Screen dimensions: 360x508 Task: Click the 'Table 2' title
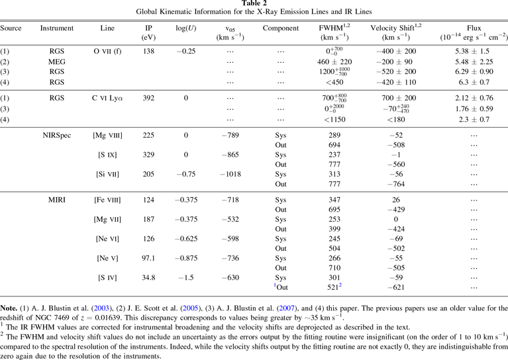click(x=254, y=4)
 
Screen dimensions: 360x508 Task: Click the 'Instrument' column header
click(x=57, y=28)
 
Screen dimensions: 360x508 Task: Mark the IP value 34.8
click(x=150, y=279)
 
